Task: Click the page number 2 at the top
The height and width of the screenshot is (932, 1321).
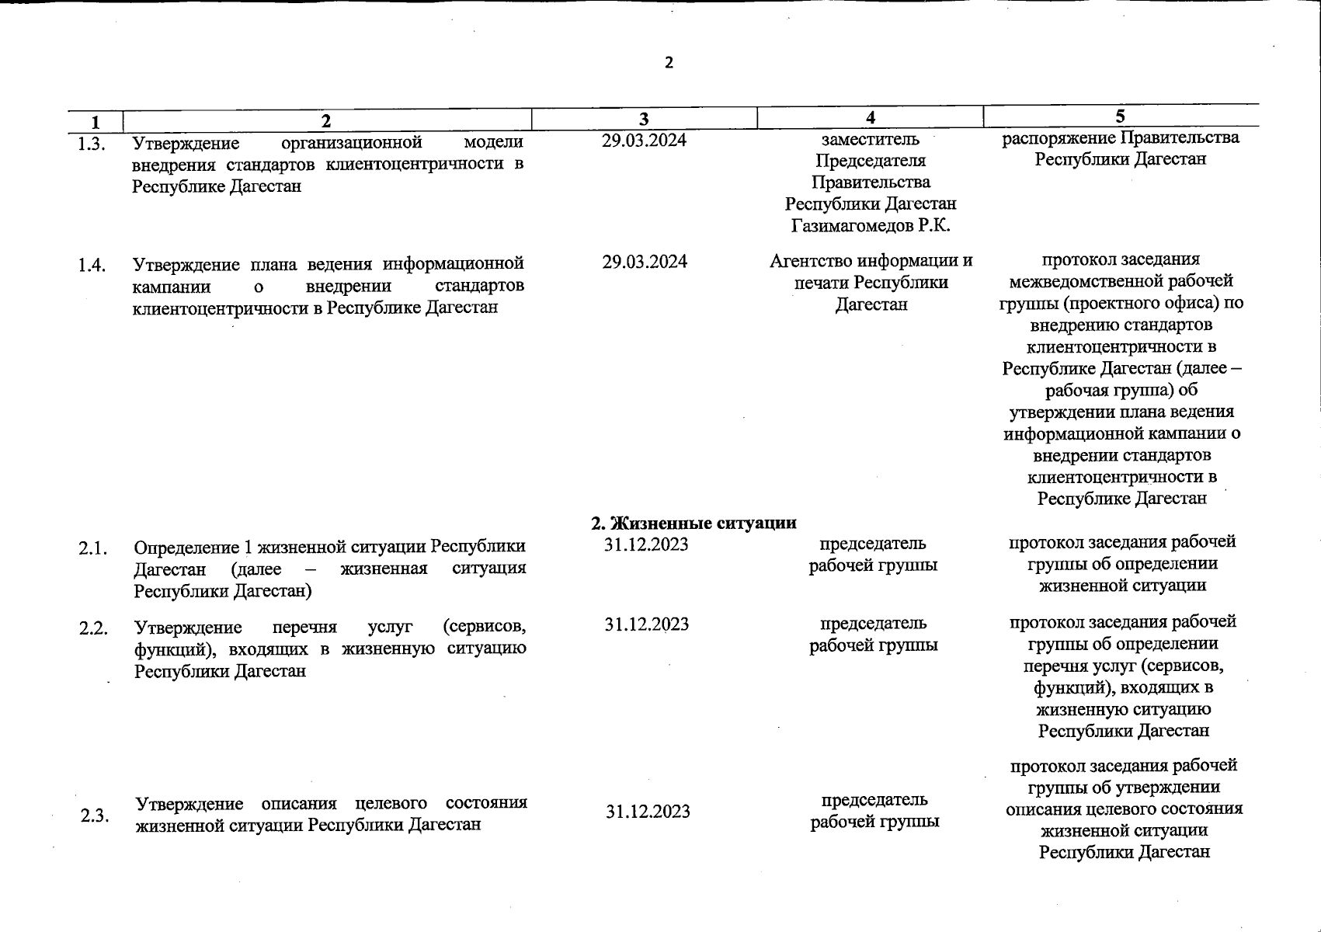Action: [x=669, y=63]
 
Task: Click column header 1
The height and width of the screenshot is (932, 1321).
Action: [x=95, y=122]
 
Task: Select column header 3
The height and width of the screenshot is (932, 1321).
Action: [x=643, y=119]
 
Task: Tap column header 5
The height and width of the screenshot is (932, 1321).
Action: [x=1120, y=116]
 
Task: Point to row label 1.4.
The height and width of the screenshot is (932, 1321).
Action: [x=92, y=266]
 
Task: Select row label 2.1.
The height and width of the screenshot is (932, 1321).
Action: [x=92, y=548]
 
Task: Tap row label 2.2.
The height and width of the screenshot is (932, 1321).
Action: [x=93, y=628]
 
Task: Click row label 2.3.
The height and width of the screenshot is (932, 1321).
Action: [x=94, y=816]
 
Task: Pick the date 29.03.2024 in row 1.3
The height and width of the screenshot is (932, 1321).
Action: [x=644, y=141]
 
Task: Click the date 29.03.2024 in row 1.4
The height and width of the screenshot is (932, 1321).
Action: [x=645, y=262]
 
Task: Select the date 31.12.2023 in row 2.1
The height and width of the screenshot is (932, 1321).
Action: [x=646, y=544]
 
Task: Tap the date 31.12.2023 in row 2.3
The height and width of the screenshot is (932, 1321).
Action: [x=648, y=812]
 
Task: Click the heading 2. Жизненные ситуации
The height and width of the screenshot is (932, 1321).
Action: [x=694, y=523]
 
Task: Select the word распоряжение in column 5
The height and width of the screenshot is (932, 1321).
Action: [x=1059, y=138]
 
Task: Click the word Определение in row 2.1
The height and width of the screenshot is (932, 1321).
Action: [x=183, y=547]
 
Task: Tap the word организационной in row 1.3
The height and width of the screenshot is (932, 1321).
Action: [x=351, y=143]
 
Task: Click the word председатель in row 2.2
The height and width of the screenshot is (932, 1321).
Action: [x=874, y=623]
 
